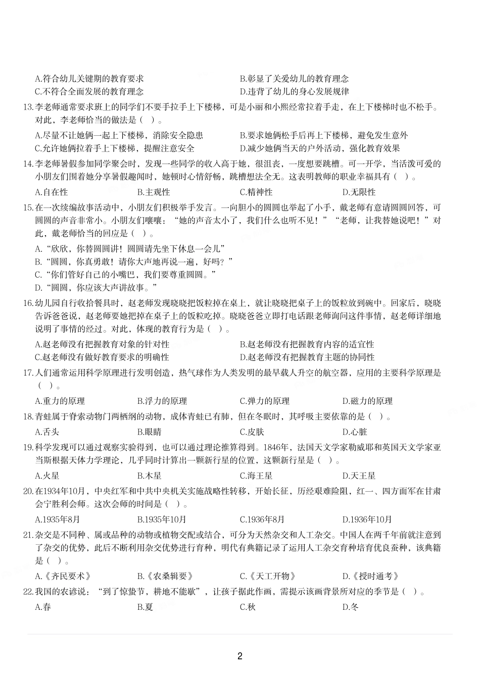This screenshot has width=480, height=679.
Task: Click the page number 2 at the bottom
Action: (239, 656)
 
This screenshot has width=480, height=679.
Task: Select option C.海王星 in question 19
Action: (256, 476)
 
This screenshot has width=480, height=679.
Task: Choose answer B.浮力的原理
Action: (162, 401)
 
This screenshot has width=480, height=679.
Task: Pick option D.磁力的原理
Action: (367, 401)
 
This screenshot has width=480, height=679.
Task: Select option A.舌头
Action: (47, 432)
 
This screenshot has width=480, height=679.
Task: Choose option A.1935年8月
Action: (57, 519)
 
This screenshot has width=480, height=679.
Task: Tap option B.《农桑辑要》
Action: (165, 577)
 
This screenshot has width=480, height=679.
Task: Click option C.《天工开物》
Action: (268, 577)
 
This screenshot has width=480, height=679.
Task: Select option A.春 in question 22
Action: (43, 607)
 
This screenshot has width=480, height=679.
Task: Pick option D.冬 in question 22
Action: (350, 607)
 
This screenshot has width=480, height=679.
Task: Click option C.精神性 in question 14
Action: (256, 192)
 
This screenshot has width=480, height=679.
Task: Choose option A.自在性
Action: (51, 192)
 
